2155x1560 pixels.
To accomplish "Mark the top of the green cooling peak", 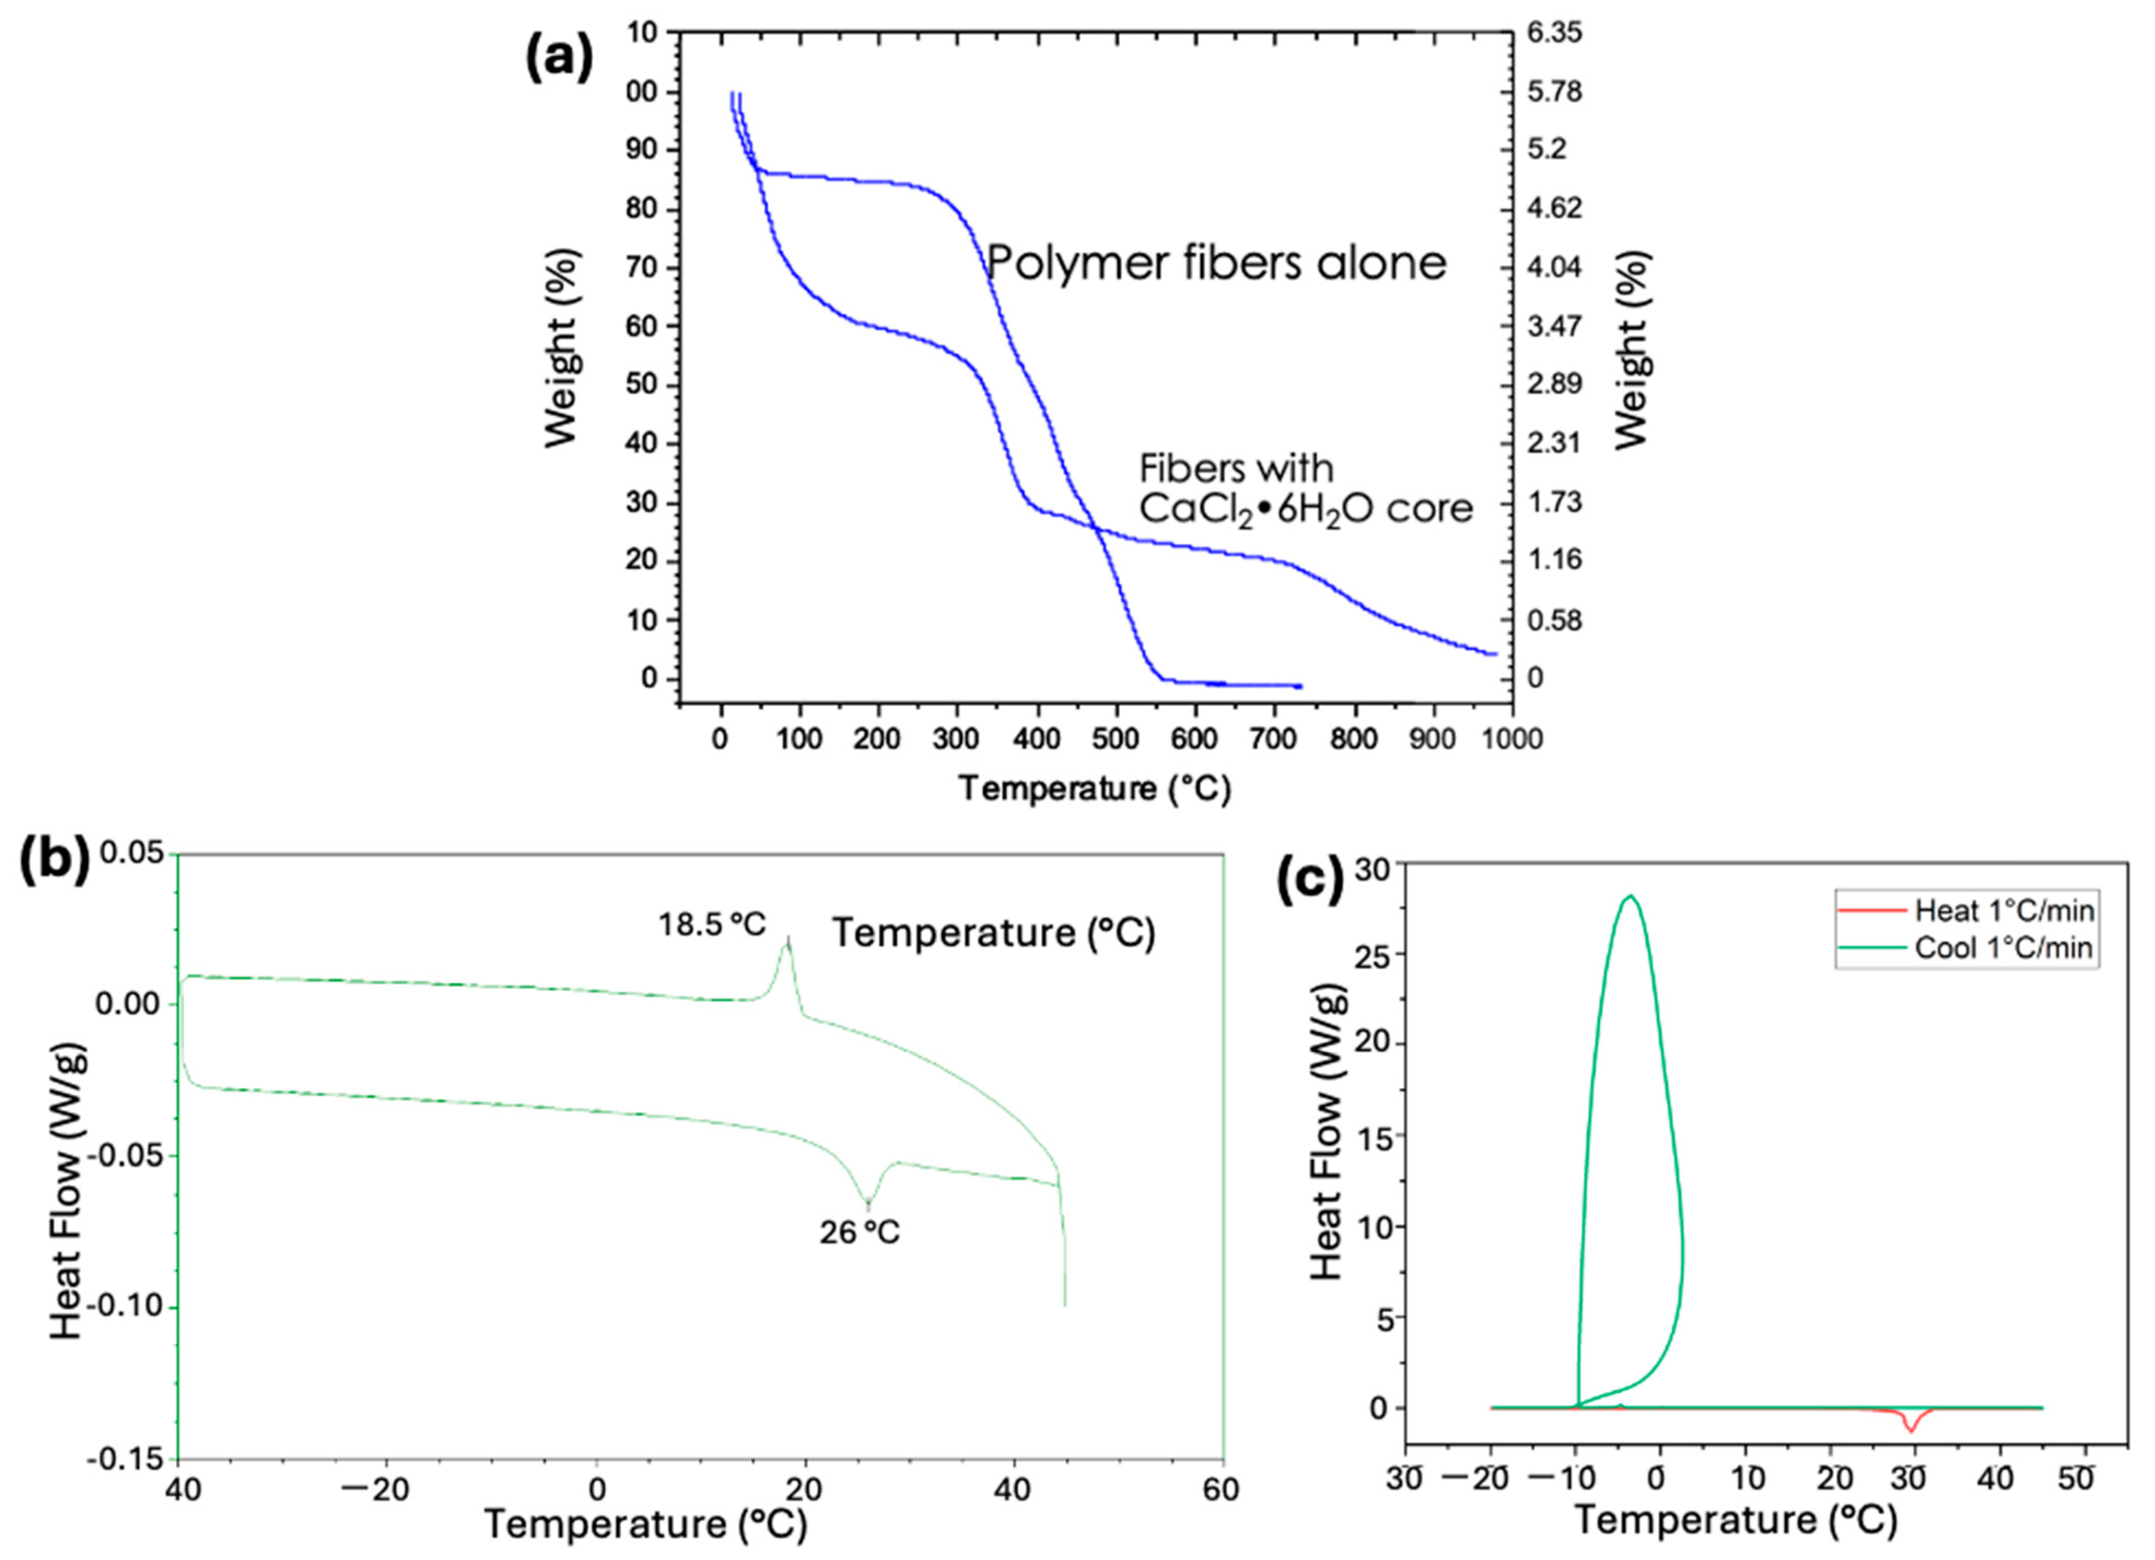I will point(1631,896).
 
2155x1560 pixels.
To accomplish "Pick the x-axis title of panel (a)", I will point(1095,789).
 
